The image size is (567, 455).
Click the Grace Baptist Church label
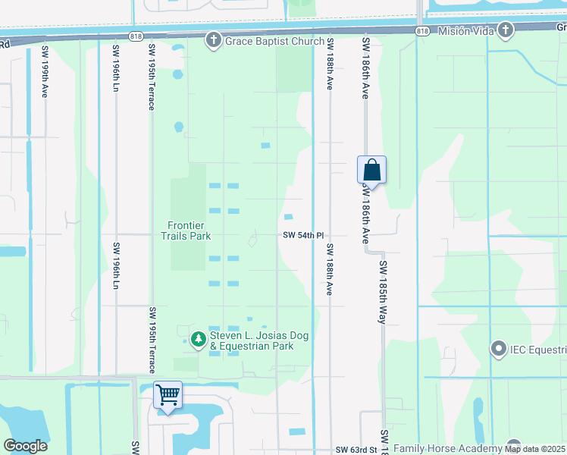[x=274, y=41]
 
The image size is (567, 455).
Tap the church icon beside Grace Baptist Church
[x=214, y=40]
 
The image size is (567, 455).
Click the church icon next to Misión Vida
[x=505, y=30]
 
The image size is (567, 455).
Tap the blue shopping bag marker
[x=371, y=169]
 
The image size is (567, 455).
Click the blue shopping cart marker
[x=168, y=394]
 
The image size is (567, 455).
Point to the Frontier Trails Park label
[x=189, y=231]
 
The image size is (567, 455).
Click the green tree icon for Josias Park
[x=198, y=339]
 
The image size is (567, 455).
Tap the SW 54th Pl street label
[x=303, y=236]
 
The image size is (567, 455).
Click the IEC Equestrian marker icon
[x=498, y=350]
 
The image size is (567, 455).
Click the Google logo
[x=25, y=446]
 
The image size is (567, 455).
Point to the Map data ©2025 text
[x=536, y=450]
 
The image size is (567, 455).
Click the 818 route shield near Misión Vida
[x=423, y=30]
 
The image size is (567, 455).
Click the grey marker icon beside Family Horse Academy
[x=515, y=447]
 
